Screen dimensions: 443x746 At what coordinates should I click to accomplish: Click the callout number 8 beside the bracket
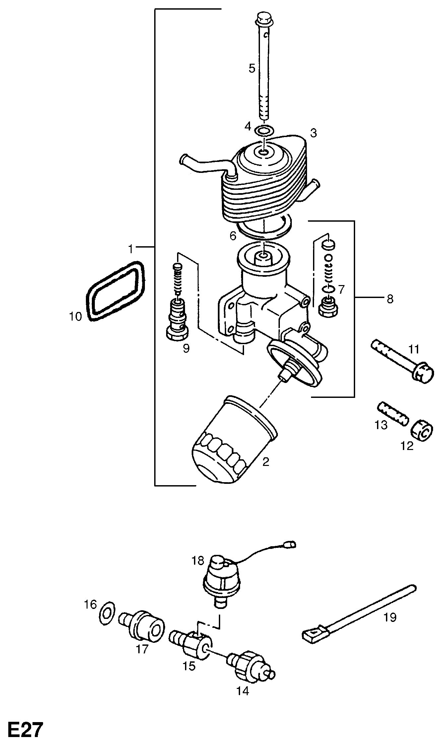[390, 299]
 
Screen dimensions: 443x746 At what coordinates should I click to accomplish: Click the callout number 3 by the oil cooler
[313, 133]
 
